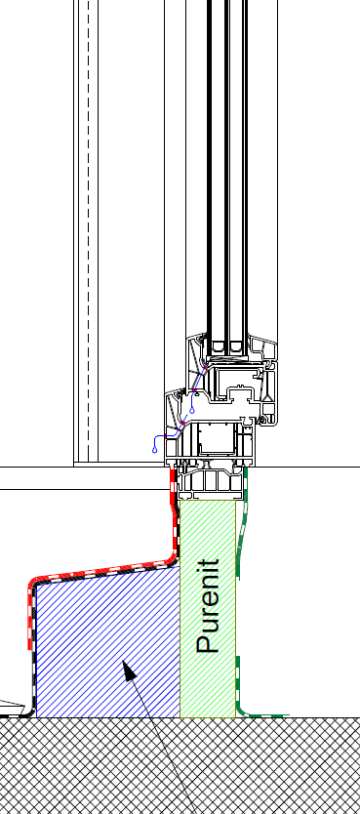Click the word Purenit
tap(209, 606)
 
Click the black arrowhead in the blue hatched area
tap(129, 670)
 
